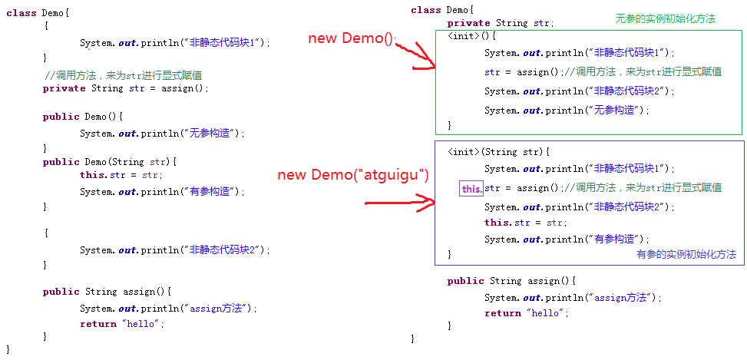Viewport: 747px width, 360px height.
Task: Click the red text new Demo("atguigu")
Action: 352,174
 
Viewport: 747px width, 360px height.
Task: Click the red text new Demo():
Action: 351,38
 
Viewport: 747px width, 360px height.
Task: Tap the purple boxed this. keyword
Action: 471,188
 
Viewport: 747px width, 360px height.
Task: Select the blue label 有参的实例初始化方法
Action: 686,254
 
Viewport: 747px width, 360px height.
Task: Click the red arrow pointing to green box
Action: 415,58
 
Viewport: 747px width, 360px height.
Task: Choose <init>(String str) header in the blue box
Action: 499,152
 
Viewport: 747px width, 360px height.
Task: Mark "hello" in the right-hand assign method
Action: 547,313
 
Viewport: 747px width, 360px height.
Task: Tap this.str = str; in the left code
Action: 121,175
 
